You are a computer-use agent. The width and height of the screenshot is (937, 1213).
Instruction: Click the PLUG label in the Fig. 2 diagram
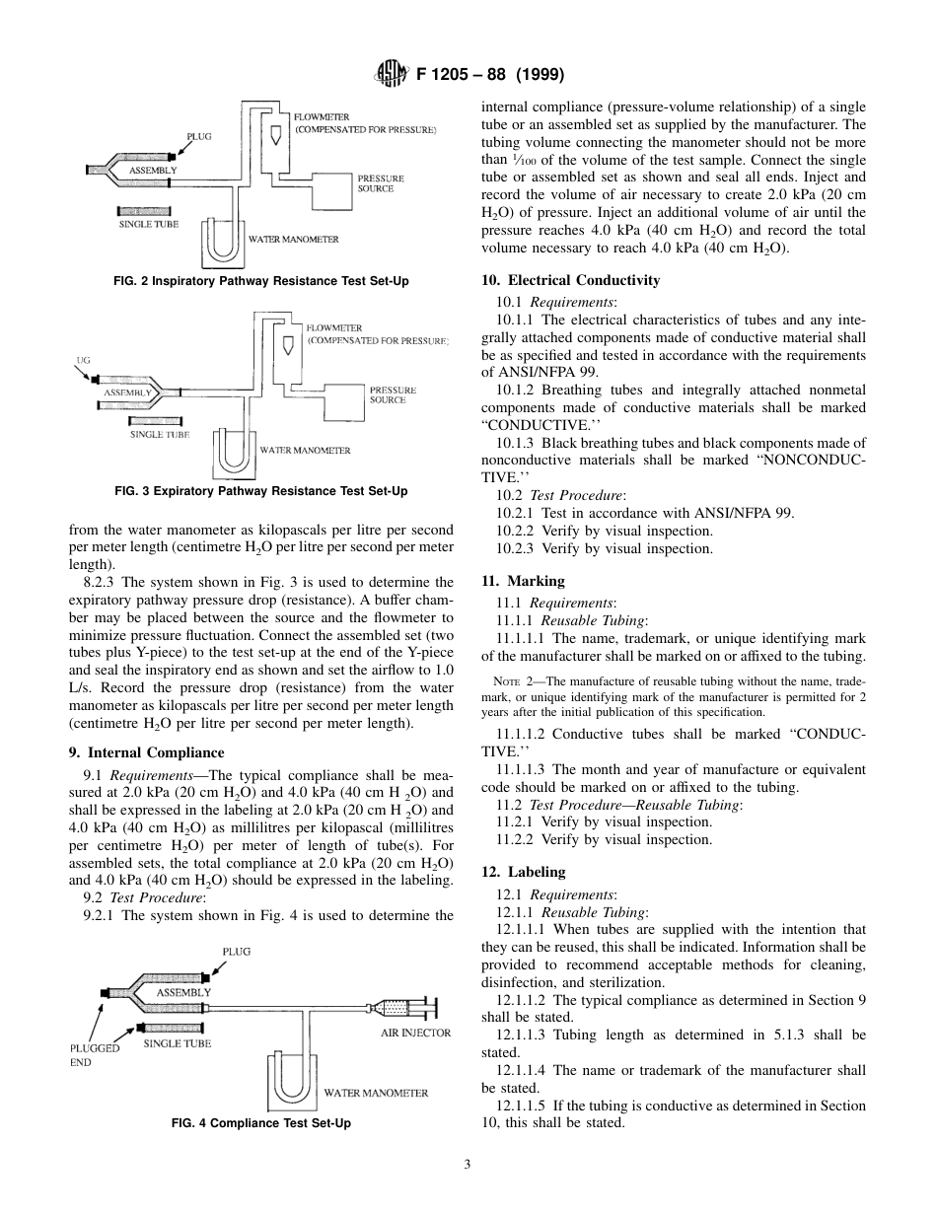click(199, 136)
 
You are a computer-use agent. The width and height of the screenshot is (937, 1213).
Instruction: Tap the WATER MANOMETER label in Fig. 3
click(305, 450)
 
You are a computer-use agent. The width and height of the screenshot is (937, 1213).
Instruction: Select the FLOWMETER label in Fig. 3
click(334, 327)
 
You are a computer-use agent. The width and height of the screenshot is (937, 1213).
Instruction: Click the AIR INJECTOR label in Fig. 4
click(415, 1033)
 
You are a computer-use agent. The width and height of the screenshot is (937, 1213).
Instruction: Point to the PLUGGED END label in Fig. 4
click(94, 1055)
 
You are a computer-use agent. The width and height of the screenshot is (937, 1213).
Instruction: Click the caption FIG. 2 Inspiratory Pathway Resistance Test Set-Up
click(261, 281)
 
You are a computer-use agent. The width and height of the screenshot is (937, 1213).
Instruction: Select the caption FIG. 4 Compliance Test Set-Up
click(261, 1123)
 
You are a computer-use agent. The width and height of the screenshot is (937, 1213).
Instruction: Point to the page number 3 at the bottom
click(468, 1165)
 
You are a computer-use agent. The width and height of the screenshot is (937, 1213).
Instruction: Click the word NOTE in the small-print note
click(504, 681)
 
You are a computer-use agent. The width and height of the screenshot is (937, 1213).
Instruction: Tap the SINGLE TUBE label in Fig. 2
click(149, 224)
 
